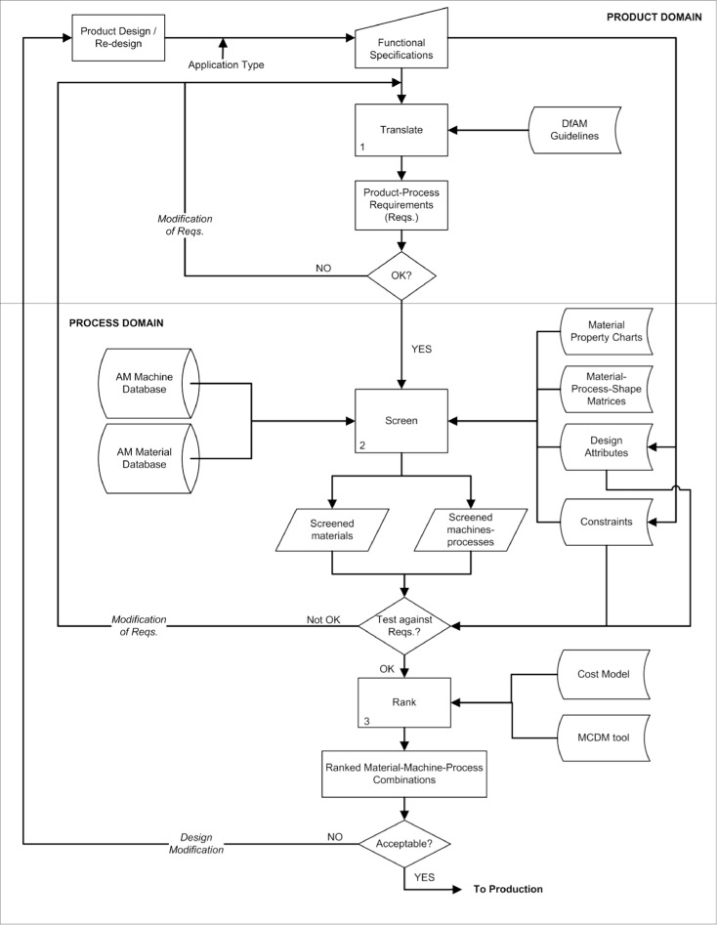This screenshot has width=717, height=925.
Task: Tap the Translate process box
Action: pos(401,130)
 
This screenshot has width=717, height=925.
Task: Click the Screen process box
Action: pos(401,421)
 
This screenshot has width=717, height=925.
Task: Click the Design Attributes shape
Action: pos(607,446)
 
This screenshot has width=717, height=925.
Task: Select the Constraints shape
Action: pos(607,523)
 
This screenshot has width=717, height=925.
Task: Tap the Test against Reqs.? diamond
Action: pos(404,625)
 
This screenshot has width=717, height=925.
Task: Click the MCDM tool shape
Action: pos(607,735)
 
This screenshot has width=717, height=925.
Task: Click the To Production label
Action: pos(508,889)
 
